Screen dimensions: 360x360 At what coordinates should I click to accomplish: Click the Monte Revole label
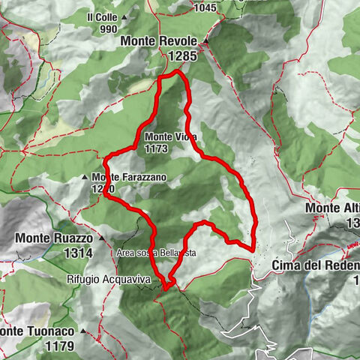[x=161, y=41]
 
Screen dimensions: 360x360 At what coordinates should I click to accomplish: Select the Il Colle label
[x=102, y=16]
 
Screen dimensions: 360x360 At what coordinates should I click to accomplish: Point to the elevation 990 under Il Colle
[x=108, y=28]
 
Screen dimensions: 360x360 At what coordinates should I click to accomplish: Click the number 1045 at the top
[x=203, y=8]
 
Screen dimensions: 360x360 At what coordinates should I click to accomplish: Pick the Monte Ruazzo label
[x=53, y=238]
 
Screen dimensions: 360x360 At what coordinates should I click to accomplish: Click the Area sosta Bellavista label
[x=155, y=253]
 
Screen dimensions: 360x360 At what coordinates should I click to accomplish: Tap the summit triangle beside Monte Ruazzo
[x=100, y=238]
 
